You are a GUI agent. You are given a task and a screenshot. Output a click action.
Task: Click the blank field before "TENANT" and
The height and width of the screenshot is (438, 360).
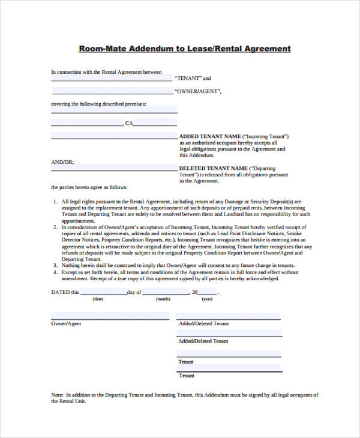point(112,78)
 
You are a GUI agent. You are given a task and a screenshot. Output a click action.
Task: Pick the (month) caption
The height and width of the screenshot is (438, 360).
point(163,299)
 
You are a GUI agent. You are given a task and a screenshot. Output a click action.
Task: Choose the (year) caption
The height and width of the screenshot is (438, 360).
point(207,299)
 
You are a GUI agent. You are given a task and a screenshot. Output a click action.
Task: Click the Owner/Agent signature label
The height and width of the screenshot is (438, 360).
point(66,323)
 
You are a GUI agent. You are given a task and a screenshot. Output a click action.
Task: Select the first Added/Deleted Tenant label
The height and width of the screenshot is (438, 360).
point(203,323)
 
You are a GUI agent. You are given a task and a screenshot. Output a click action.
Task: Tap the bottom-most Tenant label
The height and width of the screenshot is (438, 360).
point(186,376)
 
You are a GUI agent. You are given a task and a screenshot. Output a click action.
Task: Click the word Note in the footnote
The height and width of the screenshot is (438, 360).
point(56,395)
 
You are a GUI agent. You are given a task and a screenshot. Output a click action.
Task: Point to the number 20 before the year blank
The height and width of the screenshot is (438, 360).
point(194,292)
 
